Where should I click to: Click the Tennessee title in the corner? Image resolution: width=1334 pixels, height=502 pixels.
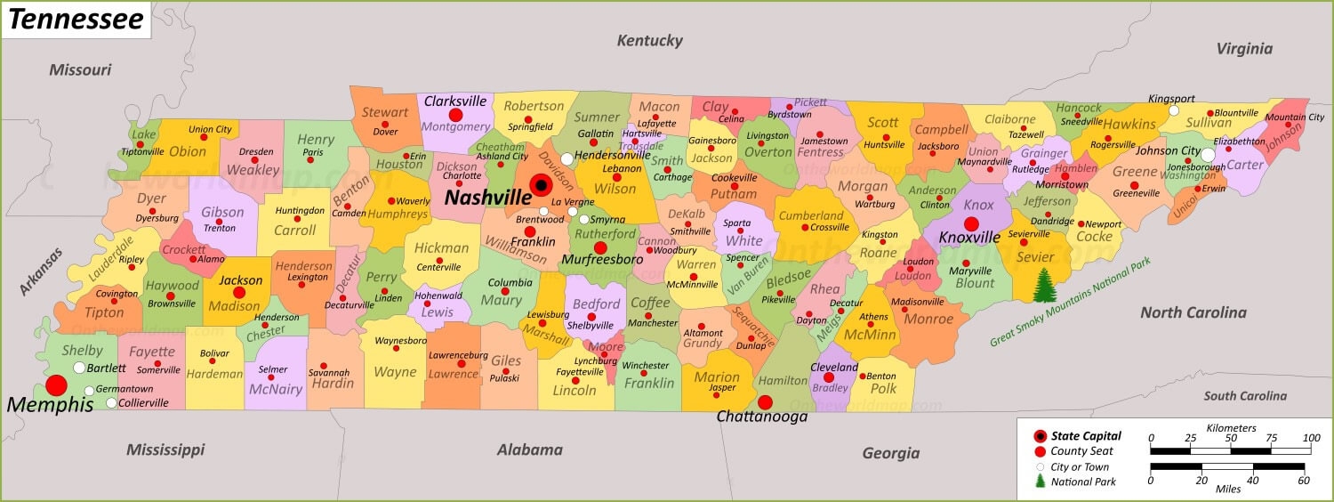(76, 20)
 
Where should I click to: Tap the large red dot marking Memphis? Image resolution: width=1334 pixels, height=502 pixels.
(56, 385)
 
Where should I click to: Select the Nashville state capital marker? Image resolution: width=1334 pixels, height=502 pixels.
(540, 185)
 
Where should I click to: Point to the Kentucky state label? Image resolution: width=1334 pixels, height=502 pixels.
(650, 41)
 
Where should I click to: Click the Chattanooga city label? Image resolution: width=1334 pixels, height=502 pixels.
(762, 417)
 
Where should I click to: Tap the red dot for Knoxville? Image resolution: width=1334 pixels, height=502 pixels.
(971, 224)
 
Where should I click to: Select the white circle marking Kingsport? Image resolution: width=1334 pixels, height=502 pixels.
(1174, 111)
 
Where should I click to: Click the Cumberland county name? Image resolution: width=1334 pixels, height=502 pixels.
(811, 215)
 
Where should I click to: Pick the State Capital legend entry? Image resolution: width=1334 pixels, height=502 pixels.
(1086, 436)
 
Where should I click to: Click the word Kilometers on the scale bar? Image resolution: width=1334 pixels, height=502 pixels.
(1232, 428)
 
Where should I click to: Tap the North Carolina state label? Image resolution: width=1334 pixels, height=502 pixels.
(1193, 312)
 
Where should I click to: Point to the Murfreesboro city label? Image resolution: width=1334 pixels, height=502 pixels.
(602, 260)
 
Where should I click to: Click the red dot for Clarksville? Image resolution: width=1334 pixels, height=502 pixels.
(456, 115)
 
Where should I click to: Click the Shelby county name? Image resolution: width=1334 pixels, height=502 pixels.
(82, 351)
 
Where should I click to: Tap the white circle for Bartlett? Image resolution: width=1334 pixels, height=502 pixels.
(79, 368)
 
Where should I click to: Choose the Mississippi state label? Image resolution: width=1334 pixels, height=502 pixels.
(165, 449)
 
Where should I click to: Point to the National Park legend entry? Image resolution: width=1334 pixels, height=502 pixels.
(1083, 482)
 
